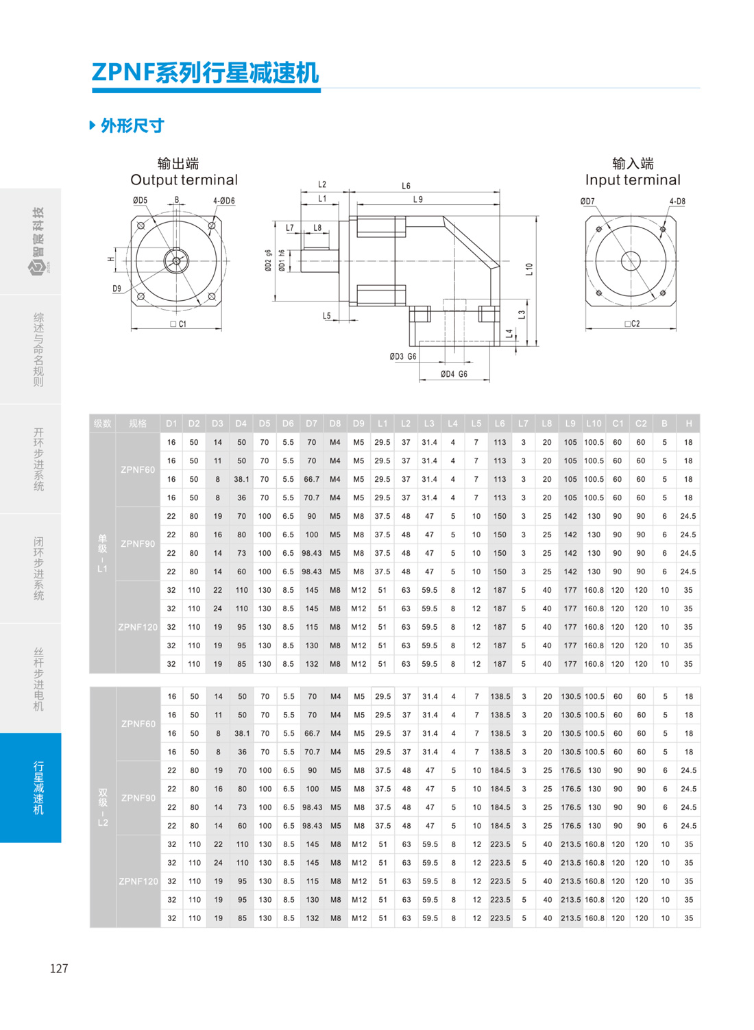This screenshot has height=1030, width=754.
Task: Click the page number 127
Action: [59, 968]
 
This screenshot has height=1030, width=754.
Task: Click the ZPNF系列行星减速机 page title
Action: [205, 73]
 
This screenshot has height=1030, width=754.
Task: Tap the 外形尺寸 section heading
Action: [132, 125]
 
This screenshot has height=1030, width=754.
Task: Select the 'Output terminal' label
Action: [184, 180]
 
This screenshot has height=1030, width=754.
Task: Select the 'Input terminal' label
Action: [633, 180]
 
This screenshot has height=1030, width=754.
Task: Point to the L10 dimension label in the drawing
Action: [529, 269]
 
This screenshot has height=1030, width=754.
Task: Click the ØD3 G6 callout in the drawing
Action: [402, 356]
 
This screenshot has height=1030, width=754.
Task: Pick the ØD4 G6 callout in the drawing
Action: [454, 374]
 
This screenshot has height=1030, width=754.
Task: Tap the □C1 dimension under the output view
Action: [178, 323]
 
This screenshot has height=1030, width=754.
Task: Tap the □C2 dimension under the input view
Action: [632, 323]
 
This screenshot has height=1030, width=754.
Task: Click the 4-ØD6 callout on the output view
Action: [223, 201]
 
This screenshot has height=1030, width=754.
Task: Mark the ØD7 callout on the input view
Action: [587, 201]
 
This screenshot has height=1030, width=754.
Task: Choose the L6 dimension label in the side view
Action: [406, 186]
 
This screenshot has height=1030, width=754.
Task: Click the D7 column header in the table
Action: [311, 424]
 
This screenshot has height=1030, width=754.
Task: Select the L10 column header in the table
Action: [594, 424]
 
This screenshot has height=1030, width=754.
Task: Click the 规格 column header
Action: [138, 424]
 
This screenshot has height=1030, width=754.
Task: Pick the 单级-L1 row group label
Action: [102, 553]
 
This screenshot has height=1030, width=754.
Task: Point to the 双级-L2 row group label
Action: [103, 807]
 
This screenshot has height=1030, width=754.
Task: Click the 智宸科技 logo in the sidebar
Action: [38, 241]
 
